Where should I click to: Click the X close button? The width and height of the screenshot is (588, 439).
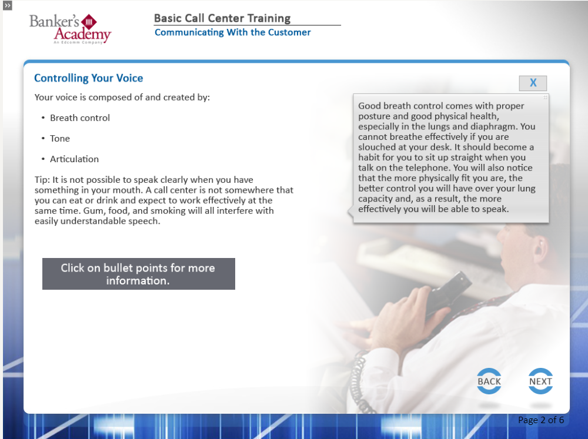(533, 83)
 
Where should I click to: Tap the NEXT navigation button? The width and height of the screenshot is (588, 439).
(540, 381)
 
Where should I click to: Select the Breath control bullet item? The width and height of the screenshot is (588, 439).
(80, 118)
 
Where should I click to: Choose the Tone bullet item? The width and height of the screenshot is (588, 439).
(60, 139)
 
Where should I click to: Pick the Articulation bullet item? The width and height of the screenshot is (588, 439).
(74, 159)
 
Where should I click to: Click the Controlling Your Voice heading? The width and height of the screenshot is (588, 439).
(89, 78)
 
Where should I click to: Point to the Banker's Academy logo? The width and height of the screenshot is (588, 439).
(71, 29)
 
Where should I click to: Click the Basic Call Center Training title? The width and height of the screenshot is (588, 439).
(222, 18)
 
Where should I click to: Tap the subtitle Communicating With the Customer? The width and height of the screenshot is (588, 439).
(232, 32)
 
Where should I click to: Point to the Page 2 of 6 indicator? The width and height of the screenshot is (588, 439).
(541, 420)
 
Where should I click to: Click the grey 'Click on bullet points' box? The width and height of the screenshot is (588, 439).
(139, 274)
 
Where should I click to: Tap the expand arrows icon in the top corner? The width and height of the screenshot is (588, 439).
(8, 5)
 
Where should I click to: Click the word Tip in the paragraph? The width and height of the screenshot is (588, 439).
(41, 180)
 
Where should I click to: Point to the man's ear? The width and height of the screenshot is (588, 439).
(539, 249)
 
